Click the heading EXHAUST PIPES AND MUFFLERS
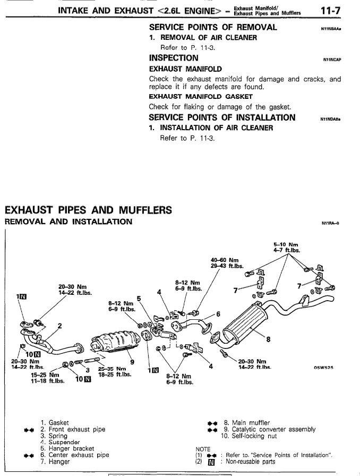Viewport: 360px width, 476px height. click(88, 210)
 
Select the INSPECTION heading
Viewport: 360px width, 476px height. click(174, 58)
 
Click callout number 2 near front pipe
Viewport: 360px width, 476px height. click(59, 326)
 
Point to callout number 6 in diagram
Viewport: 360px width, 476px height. click(218, 314)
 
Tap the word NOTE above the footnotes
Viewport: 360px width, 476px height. click(203, 448)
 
